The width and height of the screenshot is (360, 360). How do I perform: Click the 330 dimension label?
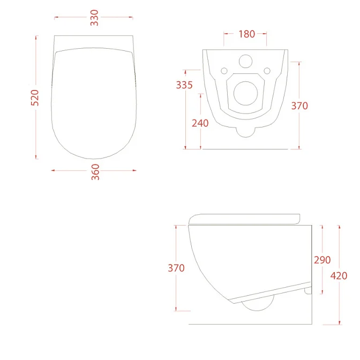coord(94,18)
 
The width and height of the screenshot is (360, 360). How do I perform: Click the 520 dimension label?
coord(35,98)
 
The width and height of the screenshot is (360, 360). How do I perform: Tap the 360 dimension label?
coord(95,172)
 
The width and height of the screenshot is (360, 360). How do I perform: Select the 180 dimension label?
coord(247,34)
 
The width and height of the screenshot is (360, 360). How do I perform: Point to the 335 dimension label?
coord(184,85)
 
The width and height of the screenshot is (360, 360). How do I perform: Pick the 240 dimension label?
coord(200,123)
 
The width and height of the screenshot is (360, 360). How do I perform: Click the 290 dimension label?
coord(322,260)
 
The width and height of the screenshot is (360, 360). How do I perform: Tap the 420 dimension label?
coord(339,276)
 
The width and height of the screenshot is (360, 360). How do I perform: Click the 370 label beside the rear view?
coord(299,106)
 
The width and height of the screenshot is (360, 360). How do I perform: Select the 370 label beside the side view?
coord(176,268)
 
